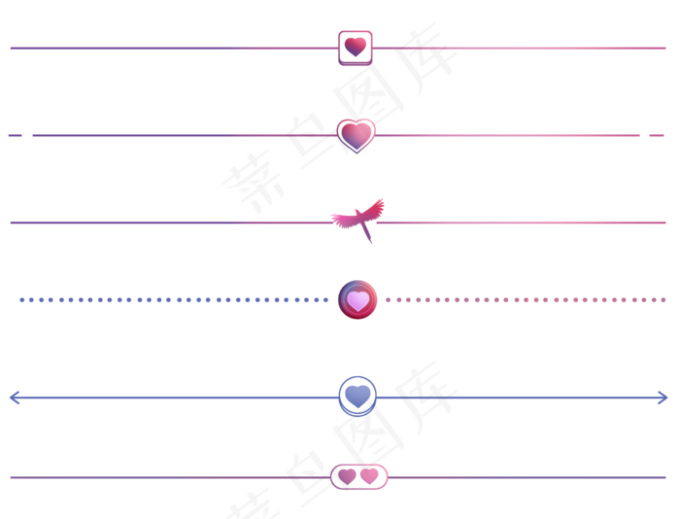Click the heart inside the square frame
[x=356, y=47]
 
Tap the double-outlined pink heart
[x=357, y=134]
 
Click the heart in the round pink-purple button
[x=357, y=300]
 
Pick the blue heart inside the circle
[x=357, y=396]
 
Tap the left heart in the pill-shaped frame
[x=347, y=476]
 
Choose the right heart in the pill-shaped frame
[x=369, y=476]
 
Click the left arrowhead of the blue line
[x=13, y=397]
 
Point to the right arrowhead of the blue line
[x=663, y=397]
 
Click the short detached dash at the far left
[x=15, y=135]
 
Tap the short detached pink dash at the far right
[x=657, y=135]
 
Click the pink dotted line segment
[x=525, y=300]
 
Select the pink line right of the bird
[x=525, y=223]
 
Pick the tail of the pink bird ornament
[x=368, y=236]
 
